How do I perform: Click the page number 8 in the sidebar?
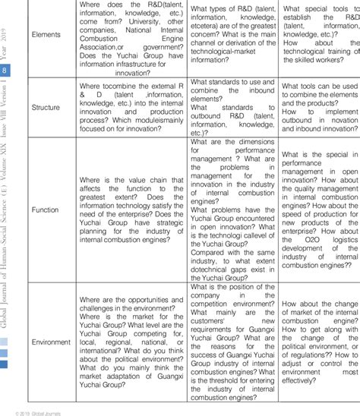(x=7, y=71)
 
